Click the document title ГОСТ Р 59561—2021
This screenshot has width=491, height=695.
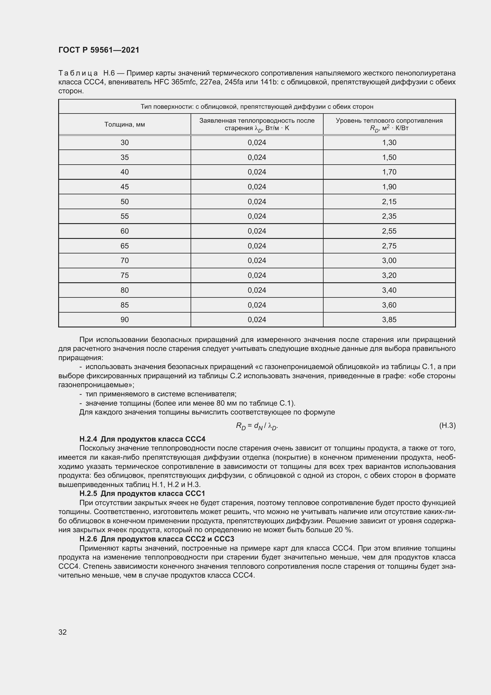coord(99,50)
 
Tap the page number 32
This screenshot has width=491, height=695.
coord(63,632)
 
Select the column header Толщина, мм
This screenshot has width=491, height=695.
coord(125,124)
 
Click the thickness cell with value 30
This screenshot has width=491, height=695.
coord(125,143)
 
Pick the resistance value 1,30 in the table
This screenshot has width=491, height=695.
coord(389,143)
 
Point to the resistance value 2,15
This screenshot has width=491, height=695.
coord(389,201)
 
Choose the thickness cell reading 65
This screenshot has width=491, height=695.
coord(125,246)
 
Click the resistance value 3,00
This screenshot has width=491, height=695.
coord(389,261)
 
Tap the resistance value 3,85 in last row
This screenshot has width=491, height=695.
coord(389,320)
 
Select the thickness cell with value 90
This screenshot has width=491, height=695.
coord(125,320)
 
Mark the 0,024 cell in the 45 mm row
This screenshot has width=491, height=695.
coord(257,187)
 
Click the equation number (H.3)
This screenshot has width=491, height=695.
coord(447,425)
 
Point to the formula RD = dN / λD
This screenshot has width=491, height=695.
coord(257,426)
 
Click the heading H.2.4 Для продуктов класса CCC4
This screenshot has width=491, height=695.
coord(142,439)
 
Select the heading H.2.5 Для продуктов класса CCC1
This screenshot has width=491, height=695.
coord(142,494)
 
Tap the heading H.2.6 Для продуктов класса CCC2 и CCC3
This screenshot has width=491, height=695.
coord(157,539)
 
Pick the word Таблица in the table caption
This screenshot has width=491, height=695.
coord(78,73)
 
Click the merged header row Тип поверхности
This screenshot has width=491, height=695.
coord(257,107)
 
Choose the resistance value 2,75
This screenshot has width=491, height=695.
coord(389,246)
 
